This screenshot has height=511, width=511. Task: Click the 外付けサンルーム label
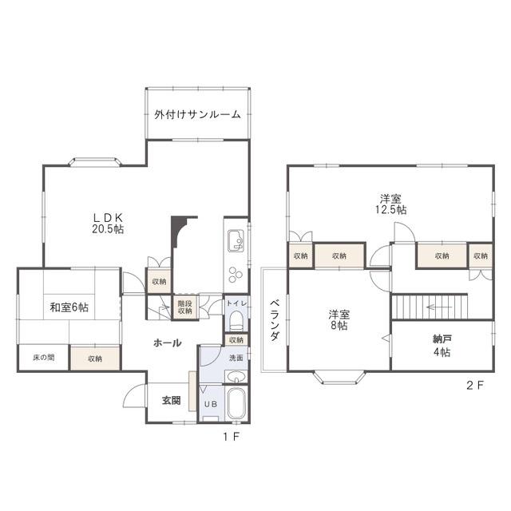pos(197,114)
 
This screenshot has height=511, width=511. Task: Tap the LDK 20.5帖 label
pos(108,224)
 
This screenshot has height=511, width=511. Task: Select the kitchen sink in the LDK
pos(236,240)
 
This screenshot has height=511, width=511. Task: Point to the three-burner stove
pos(236,275)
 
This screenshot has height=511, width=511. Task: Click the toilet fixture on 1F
pos(236,320)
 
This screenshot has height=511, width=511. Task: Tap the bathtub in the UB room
pos(236,404)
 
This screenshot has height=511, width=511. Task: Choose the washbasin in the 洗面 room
pos(236,378)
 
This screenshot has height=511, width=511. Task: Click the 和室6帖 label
pos(69,307)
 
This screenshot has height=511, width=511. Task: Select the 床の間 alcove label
pos(44,358)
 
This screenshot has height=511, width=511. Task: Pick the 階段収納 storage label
pos(184,307)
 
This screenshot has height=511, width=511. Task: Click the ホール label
pos(168,343)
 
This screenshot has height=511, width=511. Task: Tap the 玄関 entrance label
pos(172,401)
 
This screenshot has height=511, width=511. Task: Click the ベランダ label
pos(275,320)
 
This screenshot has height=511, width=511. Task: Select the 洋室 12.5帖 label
pos(390,204)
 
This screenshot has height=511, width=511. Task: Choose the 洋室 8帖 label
pos(339,319)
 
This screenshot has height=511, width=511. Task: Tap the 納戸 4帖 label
pos(442,346)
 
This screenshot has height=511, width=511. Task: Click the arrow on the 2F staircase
pos(439,307)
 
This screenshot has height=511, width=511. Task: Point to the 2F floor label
pos(475,386)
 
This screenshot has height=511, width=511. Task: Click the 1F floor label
pos(232,437)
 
